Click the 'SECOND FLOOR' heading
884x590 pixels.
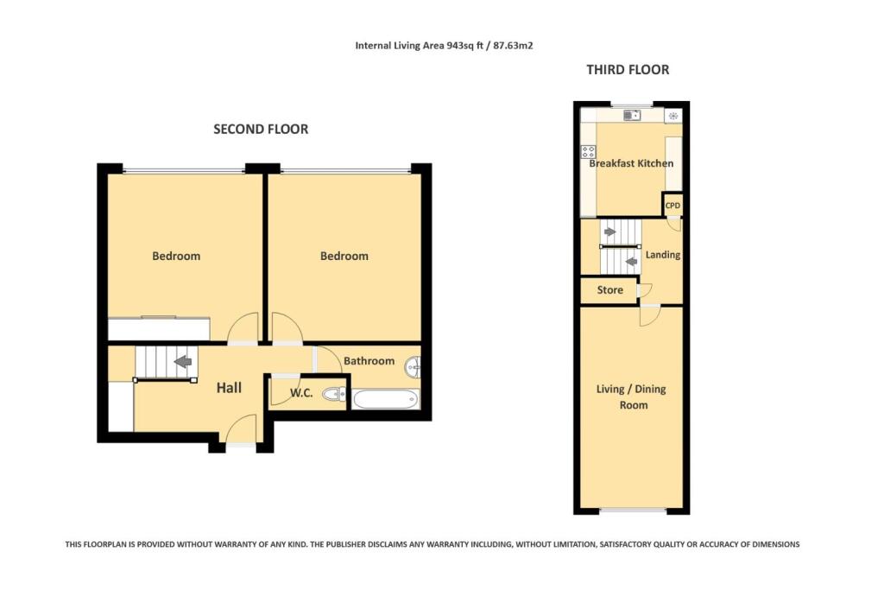tap(261, 130)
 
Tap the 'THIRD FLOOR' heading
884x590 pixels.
tap(628, 70)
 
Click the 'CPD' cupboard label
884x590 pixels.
tap(672, 206)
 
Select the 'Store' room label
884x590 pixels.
tap(609, 290)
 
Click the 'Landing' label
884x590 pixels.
tap(663, 255)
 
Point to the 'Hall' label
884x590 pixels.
tap(229, 389)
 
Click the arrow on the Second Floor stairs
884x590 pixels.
tap(183, 363)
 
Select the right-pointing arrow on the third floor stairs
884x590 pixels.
tap(609, 232)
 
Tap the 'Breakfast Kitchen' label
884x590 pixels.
tap(631, 163)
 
